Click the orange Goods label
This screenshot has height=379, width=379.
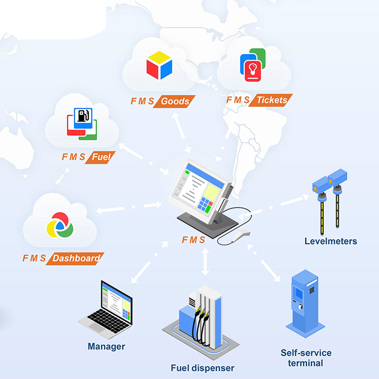pos(175,101)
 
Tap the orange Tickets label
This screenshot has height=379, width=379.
pos(272,100)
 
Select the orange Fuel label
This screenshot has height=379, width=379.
pos(101,157)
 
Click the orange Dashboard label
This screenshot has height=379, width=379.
pos(76,258)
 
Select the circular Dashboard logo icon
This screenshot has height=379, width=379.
pos(60,225)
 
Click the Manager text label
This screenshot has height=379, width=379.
pos(106,347)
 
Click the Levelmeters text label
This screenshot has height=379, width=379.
pos(330,241)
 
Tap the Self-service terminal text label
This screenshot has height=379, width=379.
pos(306,358)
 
